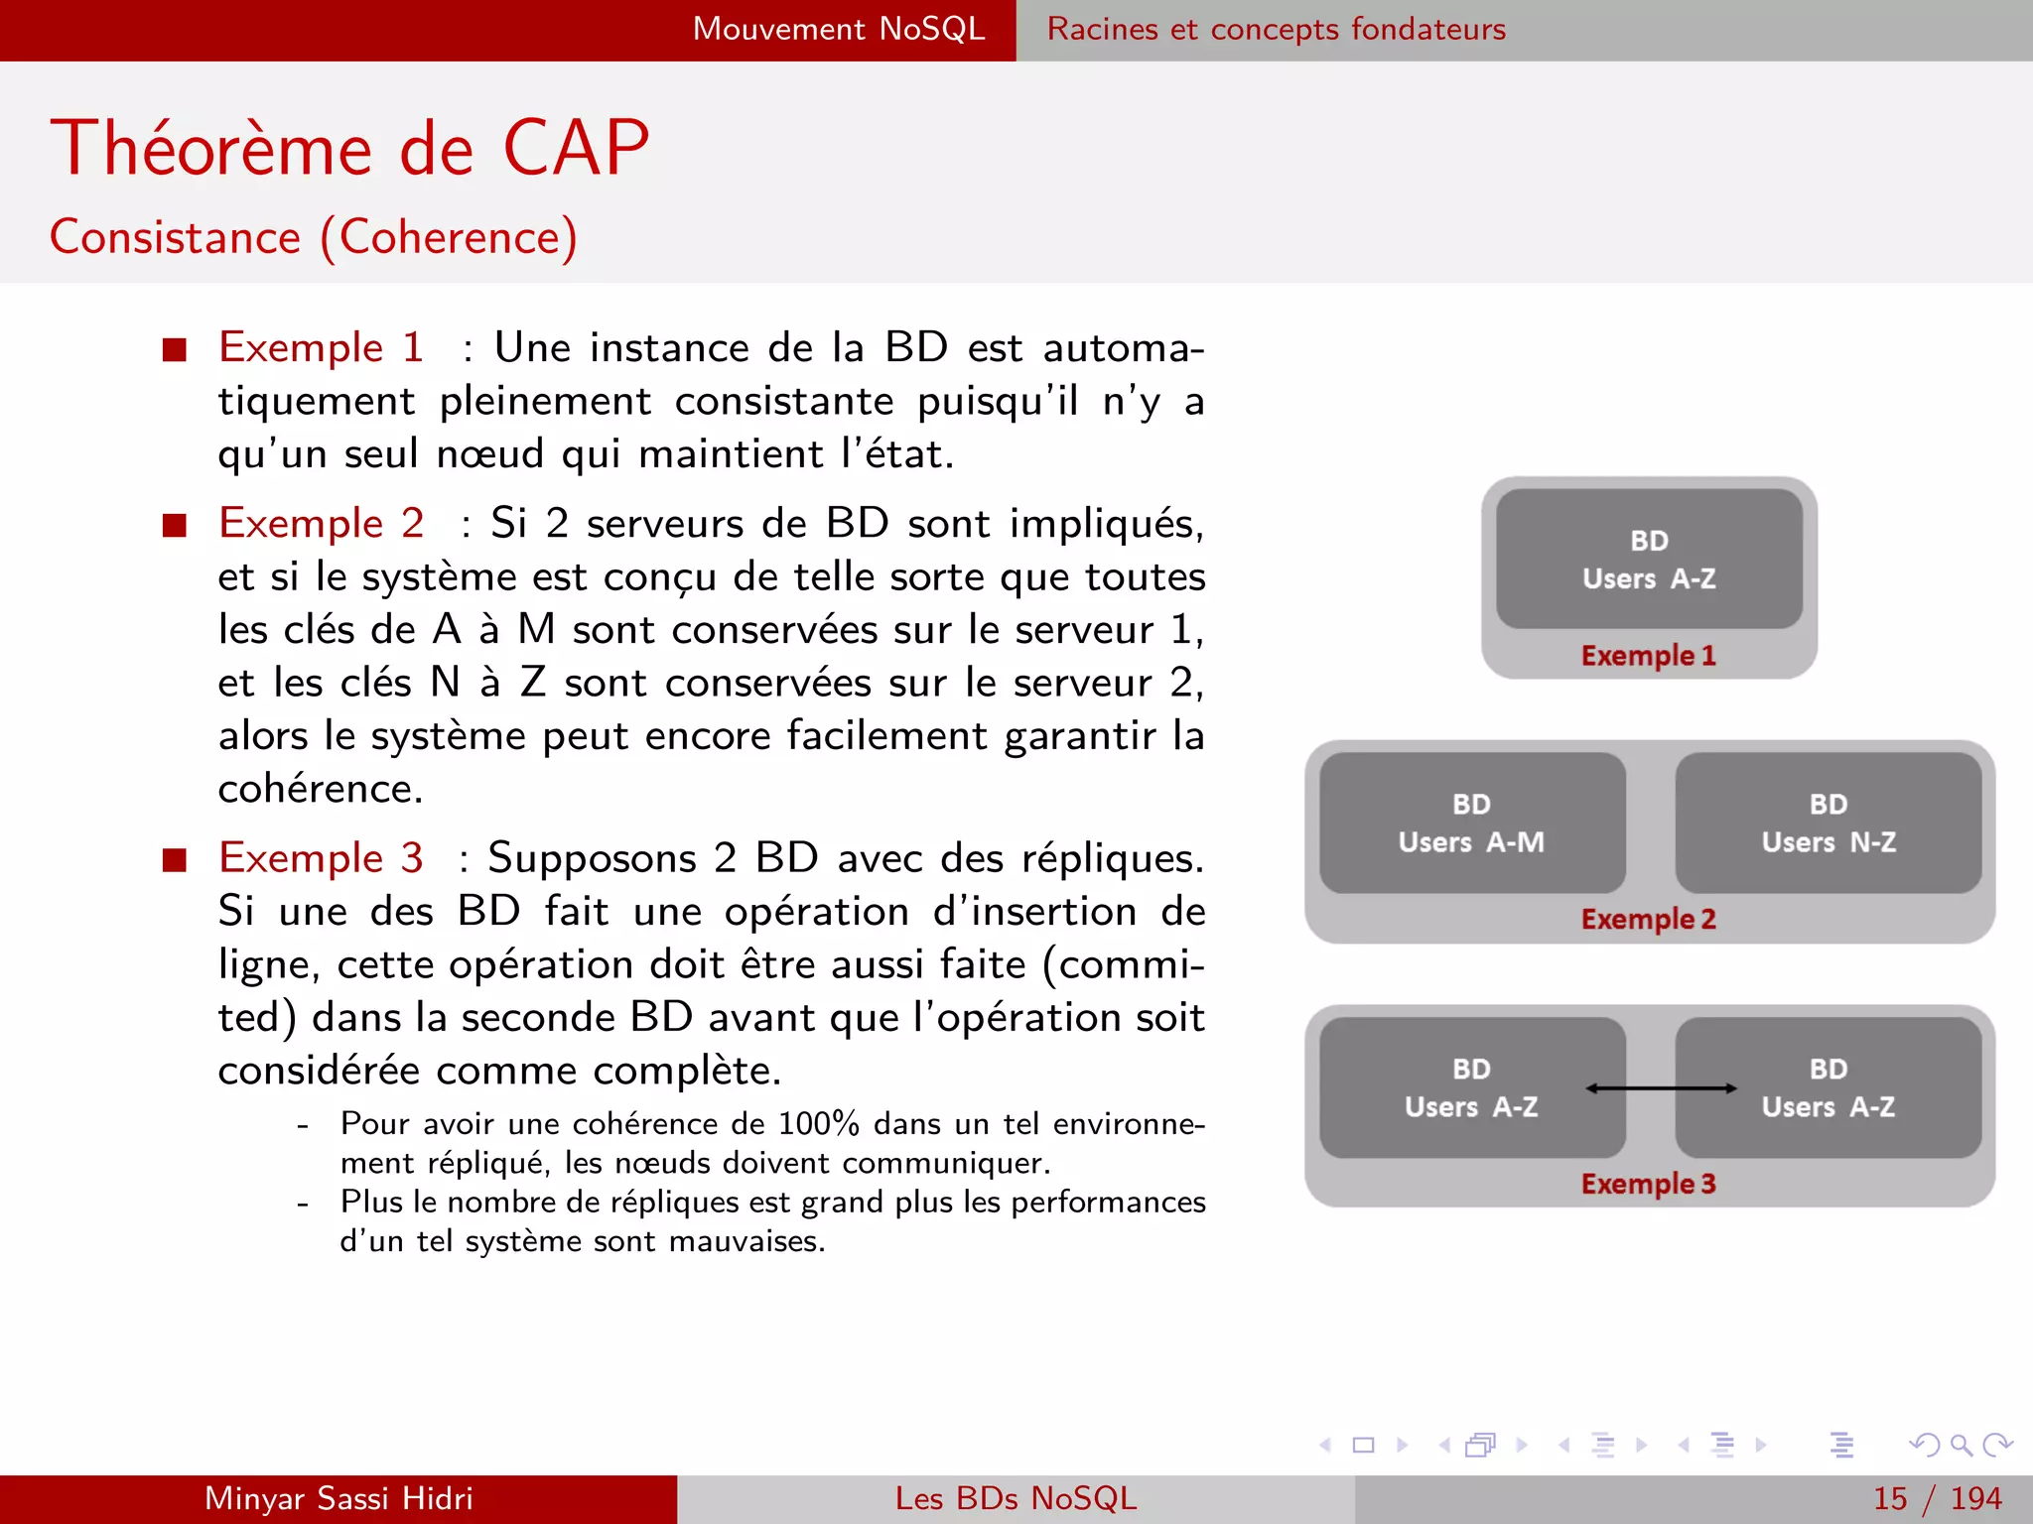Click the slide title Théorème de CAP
point(349,149)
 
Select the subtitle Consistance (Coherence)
point(314,238)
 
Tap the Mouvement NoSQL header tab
point(839,29)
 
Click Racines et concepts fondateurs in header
point(1276,29)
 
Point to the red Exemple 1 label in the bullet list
point(321,347)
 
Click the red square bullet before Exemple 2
point(175,525)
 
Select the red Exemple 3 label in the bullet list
point(321,858)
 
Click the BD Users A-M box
point(1471,823)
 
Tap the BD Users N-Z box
point(1828,823)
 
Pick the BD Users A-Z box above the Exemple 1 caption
point(1648,559)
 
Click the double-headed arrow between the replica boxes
point(1661,1088)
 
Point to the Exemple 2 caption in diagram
point(1648,919)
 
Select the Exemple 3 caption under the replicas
point(1648,1184)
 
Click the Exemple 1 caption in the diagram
point(1648,656)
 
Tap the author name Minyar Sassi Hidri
point(339,1498)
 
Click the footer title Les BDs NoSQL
point(1016,1498)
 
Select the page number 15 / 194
point(1936,1498)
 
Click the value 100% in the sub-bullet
point(818,1124)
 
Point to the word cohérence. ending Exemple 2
point(321,790)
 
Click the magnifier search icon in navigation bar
point(1960,1445)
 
